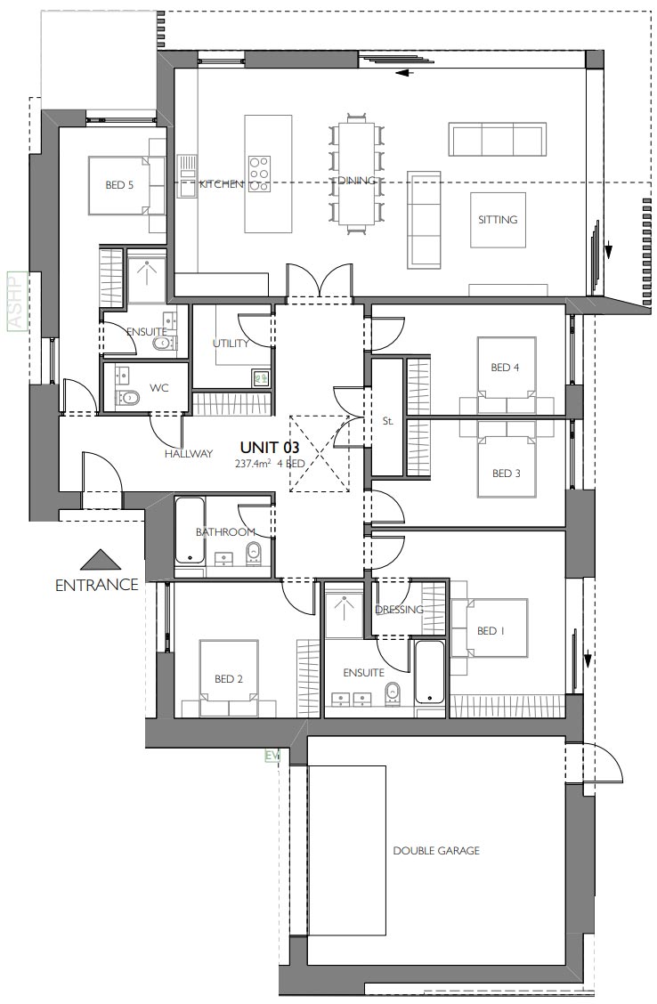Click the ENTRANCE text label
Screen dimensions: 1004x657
pos(97,585)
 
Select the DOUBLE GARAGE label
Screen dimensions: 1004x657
pos(436,851)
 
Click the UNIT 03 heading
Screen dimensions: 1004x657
pos(270,448)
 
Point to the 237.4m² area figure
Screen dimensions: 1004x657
pos(253,464)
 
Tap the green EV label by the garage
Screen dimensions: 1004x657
pos(272,756)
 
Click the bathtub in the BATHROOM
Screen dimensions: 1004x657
pos(188,530)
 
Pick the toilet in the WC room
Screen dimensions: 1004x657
pos(130,397)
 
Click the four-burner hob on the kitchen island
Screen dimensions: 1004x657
pos(259,174)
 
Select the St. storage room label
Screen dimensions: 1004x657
pos(387,421)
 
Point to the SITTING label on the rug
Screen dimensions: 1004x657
pos(498,219)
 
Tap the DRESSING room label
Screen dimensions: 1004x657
pos(399,610)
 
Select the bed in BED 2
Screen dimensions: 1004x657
pos(229,678)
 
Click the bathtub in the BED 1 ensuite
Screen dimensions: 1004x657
pos(429,672)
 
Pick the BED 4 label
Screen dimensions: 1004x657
pos(505,367)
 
